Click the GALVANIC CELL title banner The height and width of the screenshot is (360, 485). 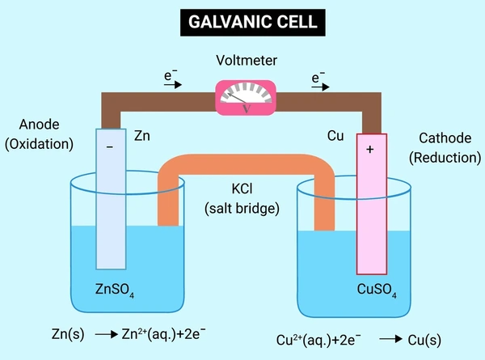tap(242, 22)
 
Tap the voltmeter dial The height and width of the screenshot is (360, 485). tap(242, 96)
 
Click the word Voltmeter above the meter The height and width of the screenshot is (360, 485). tap(242, 61)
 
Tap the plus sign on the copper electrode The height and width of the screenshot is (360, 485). tap(371, 150)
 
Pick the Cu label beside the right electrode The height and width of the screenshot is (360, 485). tap(335, 135)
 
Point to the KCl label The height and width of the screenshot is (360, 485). tap(243, 188)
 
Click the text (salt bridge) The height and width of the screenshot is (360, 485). tap(243, 207)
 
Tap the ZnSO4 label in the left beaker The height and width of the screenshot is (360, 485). tap(113, 290)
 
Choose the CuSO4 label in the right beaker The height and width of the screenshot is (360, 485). tap(377, 290)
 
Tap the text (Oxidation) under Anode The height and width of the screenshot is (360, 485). tap(38, 145)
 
